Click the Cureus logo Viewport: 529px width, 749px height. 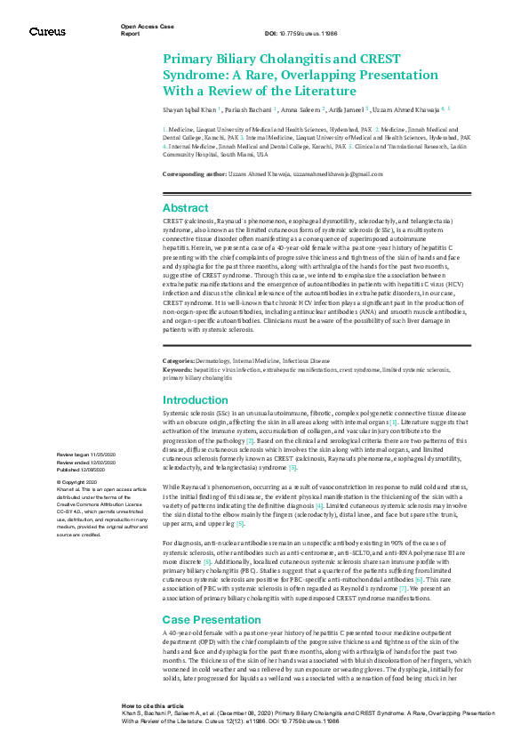pos(47,31)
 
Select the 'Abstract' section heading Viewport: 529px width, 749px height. pos(185,207)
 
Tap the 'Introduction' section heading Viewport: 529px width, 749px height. pos(195,400)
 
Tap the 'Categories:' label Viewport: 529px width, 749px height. pos(178,360)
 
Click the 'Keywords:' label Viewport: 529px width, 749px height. pos(177,367)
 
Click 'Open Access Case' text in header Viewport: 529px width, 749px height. pos(145,28)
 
